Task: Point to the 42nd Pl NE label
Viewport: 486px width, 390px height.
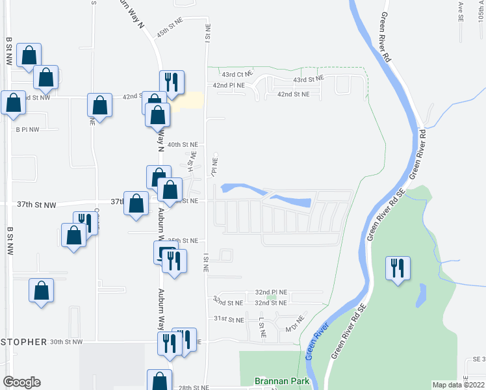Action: point(229,85)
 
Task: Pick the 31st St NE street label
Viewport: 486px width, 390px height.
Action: point(229,320)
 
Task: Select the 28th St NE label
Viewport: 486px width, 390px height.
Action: point(195,387)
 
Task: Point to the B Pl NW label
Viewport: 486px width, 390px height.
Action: point(28,129)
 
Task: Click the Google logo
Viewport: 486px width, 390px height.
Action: point(21,382)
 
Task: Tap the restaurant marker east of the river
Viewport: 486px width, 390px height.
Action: point(398,268)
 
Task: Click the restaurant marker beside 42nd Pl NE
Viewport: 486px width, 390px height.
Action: point(172,83)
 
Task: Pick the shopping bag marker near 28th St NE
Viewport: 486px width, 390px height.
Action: point(159,381)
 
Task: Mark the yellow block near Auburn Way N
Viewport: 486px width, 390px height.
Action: point(187,101)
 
